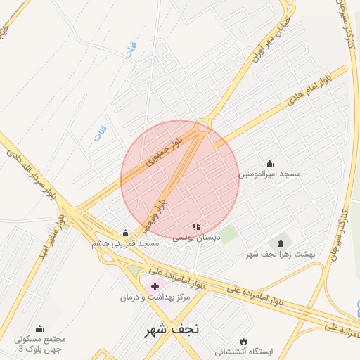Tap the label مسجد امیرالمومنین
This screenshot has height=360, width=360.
(270, 173)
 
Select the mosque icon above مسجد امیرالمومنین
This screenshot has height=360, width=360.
(270, 163)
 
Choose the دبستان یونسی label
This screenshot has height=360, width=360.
(197, 238)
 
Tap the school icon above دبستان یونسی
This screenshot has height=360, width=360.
(197, 227)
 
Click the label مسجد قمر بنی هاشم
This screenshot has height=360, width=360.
(125, 243)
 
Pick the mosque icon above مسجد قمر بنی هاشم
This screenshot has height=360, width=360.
(125, 233)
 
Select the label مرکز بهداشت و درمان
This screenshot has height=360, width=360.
(155, 298)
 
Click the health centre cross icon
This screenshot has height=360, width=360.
(155, 286)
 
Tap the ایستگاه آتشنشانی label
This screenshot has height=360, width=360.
(245, 350)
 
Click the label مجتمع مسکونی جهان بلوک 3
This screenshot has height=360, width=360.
(40, 343)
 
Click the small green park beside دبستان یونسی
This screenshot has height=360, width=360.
(227, 234)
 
